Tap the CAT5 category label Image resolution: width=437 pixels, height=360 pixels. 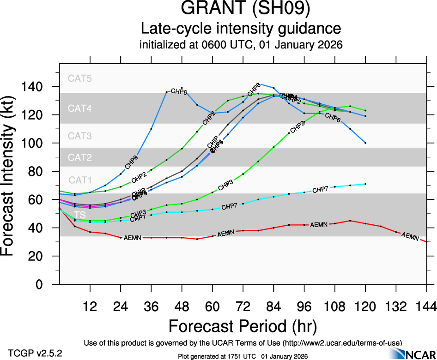[80, 78]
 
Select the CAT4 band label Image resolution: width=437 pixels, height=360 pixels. [80, 109]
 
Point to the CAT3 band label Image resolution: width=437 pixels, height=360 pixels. [80, 136]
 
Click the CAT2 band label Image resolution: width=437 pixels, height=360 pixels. [80, 157]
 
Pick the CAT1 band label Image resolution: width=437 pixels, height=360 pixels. [80, 180]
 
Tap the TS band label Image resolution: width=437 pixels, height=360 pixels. [80, 215]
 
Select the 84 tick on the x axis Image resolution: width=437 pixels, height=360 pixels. [273, 306]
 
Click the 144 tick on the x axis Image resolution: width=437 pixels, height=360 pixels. [426, 306]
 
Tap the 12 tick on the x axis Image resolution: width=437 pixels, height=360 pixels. [90, 306]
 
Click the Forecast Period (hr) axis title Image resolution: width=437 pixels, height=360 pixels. [243, 327]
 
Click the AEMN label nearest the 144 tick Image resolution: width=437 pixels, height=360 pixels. [410, 237]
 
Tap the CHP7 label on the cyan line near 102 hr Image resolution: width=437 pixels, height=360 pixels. [321, 189]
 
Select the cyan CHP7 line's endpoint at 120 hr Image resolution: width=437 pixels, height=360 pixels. [365, 184]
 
